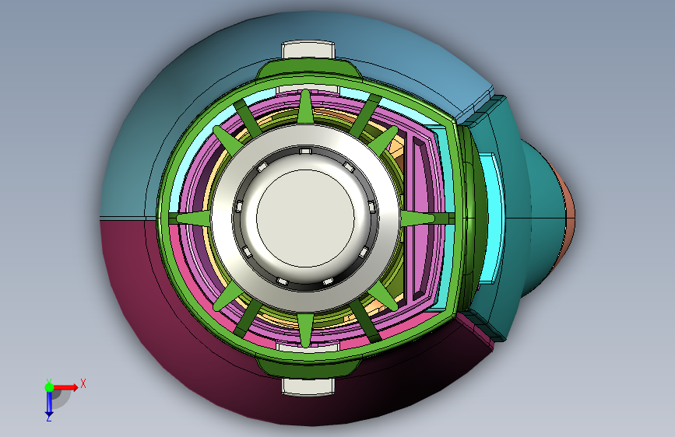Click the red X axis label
pyautogui.click(x=83, y=383)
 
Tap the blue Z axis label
pyautogui.click(x=48, y=418)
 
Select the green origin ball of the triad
pyautogui.click(x=50, y=387)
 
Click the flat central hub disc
pyautogui.click(x=305, y=218)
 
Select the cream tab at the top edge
pyautogui.click(x=308, y=50)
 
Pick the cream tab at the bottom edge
pyautogui.click(x=308, y=386)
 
